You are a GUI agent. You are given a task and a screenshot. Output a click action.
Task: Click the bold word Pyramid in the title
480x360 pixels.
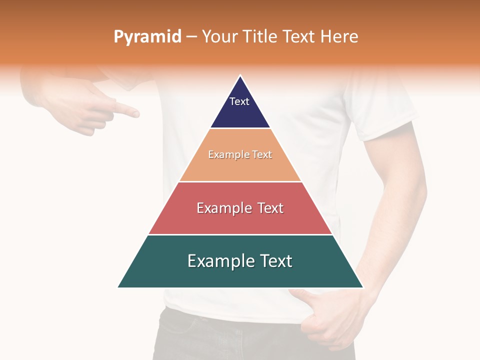[x=147, y=37]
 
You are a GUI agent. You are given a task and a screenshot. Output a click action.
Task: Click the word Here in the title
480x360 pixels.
[x=339, y=36]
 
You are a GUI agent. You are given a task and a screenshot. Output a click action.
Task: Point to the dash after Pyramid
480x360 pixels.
[x=191, y=37]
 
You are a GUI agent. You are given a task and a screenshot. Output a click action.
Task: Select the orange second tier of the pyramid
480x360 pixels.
[x=240, y=167]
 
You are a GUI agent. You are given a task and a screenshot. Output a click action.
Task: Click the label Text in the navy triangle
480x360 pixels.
[x=239, y=101]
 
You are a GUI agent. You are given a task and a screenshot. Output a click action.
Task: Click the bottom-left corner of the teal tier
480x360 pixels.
[x=118, y=287]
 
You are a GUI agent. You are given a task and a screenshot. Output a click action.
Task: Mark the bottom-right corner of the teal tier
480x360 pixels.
[x=363, y=287]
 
